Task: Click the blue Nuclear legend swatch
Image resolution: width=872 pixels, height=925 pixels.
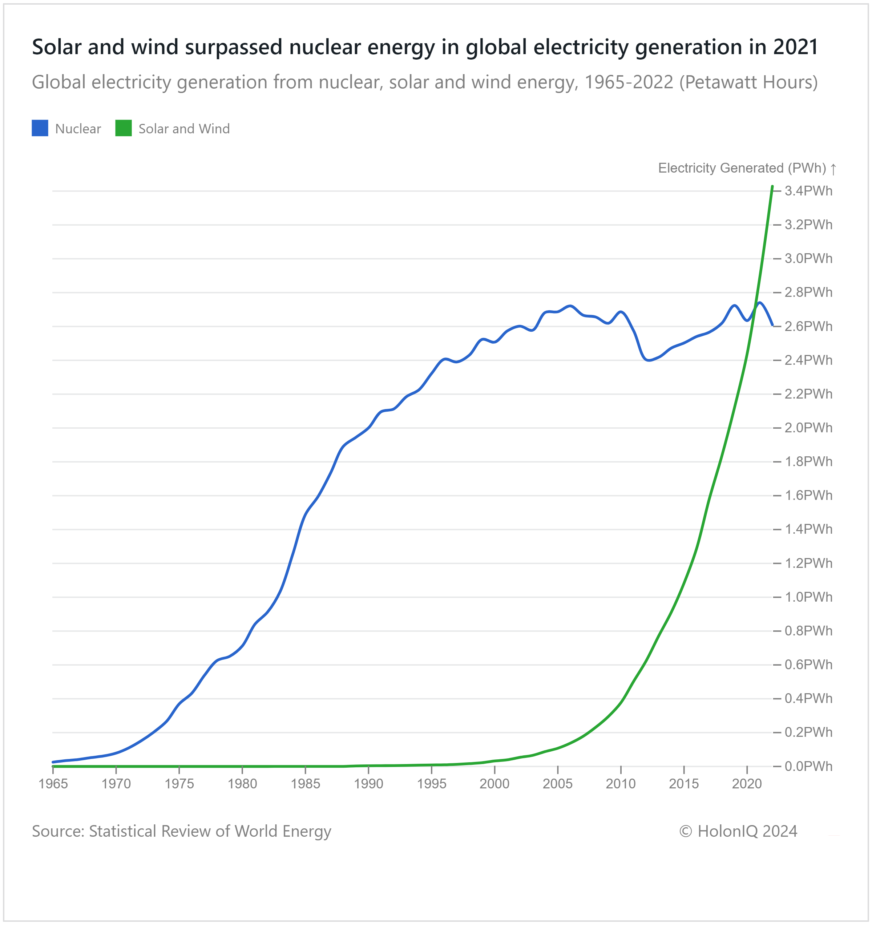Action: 40,128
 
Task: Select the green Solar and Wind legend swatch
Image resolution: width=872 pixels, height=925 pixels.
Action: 123,128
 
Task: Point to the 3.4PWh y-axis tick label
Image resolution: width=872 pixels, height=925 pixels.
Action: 808,191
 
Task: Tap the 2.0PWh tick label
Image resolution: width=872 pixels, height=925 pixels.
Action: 808,428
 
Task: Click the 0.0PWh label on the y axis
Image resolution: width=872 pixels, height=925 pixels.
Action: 808,766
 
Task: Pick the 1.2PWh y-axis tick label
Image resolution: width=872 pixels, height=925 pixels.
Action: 808,563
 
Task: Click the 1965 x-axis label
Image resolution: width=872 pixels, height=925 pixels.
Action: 53,784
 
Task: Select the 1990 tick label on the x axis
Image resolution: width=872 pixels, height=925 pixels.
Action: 368,784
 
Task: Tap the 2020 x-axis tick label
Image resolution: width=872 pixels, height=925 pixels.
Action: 747,784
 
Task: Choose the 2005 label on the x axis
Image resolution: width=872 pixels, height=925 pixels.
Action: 557,784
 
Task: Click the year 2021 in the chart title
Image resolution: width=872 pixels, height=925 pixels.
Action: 795,47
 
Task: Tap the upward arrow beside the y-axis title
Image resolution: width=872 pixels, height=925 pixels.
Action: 833,169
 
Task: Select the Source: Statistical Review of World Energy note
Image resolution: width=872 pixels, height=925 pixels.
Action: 181,831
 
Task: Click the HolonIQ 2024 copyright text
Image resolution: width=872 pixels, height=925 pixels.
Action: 738,831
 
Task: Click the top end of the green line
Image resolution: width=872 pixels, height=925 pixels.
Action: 772,187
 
